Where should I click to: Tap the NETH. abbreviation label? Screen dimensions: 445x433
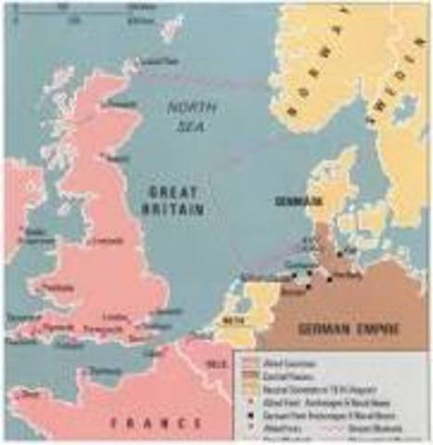click(236, 324)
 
